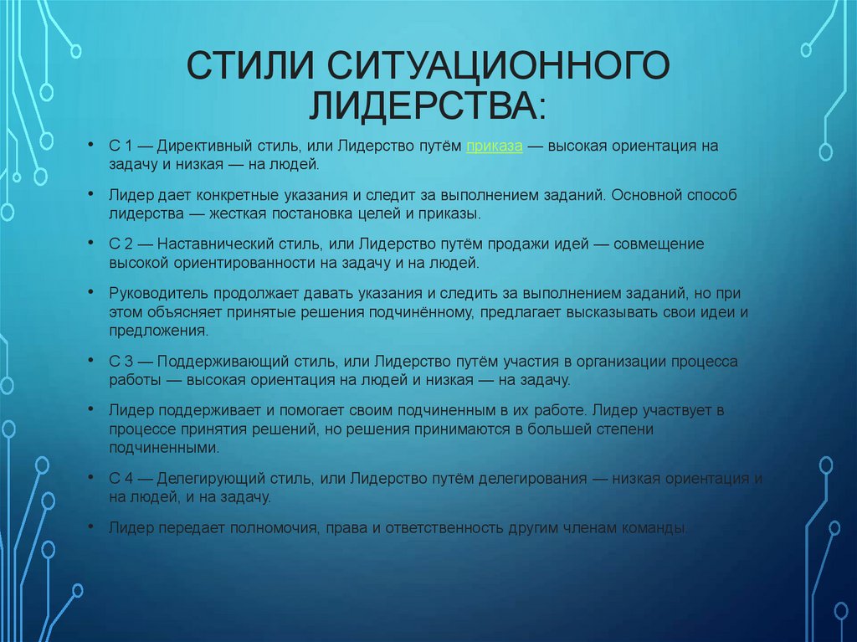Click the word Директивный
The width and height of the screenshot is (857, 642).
point(198,146)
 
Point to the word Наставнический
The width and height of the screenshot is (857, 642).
point(212,244)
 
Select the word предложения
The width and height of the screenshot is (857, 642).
point(157,331)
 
